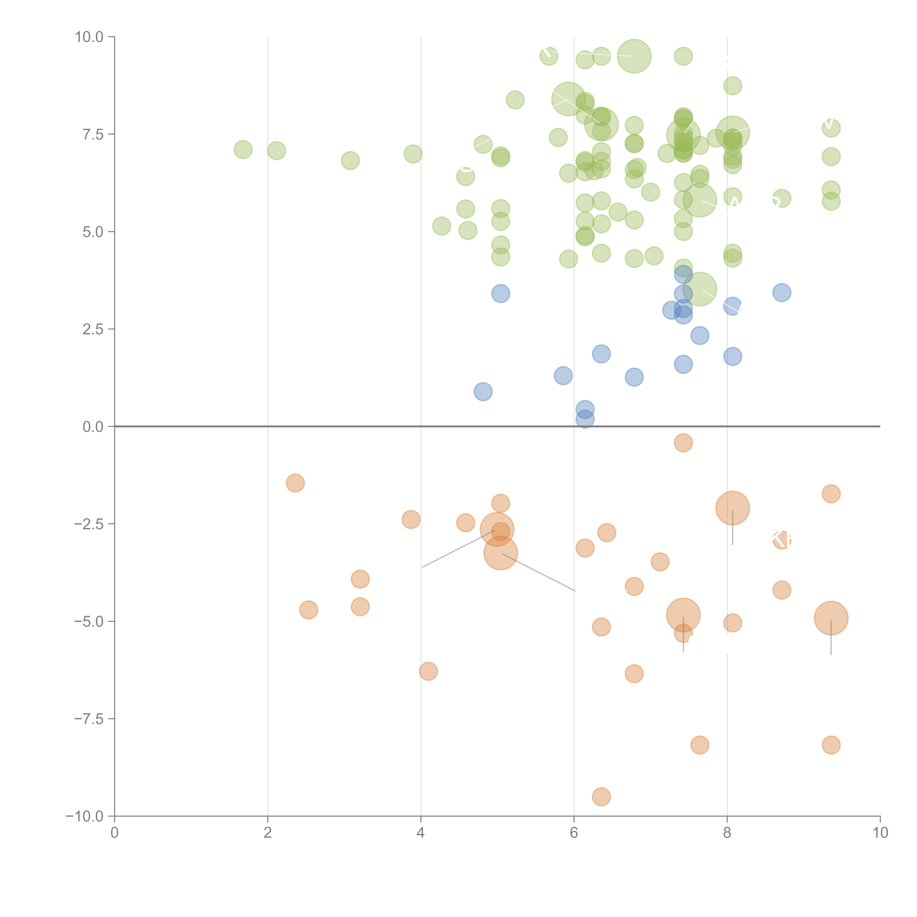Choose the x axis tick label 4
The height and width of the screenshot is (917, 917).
tap(421, 833)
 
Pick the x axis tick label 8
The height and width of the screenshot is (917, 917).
tap(727, 833)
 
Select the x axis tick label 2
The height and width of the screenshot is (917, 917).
tap(268, 833)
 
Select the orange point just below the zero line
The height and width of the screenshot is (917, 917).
tap(683, 443)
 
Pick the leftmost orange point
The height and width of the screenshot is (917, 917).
tap(295, 483)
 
